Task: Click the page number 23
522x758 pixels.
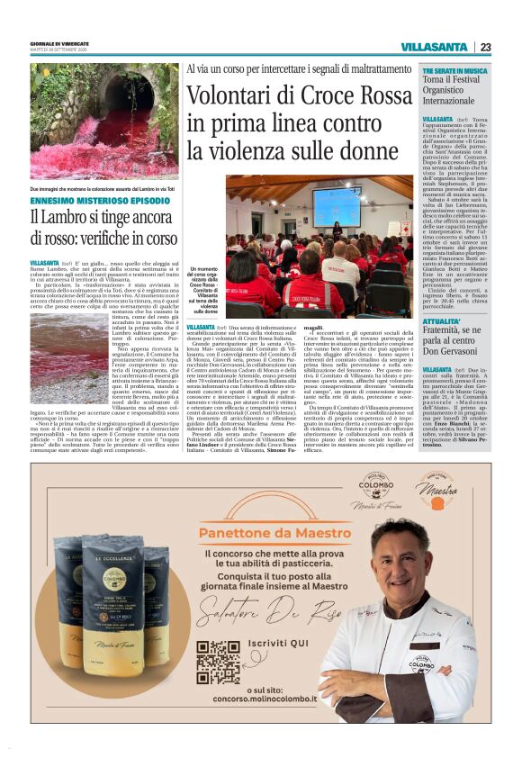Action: point(485,47)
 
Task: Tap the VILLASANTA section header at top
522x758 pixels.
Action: point(434,47)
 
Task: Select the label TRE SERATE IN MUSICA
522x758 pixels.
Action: point(455,69)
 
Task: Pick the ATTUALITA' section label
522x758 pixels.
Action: point(442,320)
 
